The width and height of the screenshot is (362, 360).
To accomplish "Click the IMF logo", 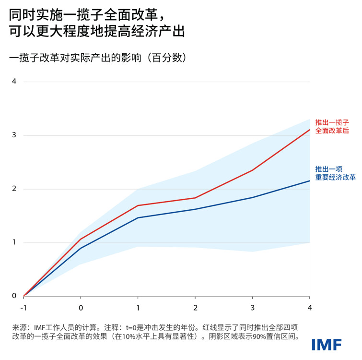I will [x=327, y=345].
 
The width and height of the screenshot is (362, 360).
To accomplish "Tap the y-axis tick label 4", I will [x=14, y=81].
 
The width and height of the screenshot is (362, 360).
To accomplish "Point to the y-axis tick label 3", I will [x=14, y=135].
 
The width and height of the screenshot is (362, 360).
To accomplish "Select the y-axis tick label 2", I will [x=14, y=189].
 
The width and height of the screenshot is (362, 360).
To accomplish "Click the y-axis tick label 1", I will [x=14, y=242].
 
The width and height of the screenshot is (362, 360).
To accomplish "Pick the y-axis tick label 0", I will [x=14, y=296].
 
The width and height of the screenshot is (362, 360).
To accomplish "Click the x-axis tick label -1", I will [x=23, y=307].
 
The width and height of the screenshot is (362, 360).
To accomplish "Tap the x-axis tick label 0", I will [x=81, y=307].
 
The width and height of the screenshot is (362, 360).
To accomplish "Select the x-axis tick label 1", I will [x=138, y=307].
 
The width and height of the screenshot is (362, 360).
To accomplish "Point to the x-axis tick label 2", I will [x=195, y=307].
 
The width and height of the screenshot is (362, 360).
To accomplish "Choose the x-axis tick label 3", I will [x=252, y=307].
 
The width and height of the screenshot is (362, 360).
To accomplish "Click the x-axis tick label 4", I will [x=309, y=307].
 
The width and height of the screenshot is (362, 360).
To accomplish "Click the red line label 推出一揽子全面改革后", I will [x=332, y=127].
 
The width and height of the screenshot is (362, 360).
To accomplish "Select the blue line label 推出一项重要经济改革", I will [x=335, y=173].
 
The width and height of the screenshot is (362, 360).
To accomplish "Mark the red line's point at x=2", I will [x=195, y=198].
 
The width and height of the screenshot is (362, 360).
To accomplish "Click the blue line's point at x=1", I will [x=138, y=218].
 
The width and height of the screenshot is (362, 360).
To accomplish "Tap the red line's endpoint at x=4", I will [x=309, y=130].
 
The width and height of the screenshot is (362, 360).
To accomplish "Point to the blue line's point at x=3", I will [x=252, y=197].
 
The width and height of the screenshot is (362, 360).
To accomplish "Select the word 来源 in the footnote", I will [x=19, y=327].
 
